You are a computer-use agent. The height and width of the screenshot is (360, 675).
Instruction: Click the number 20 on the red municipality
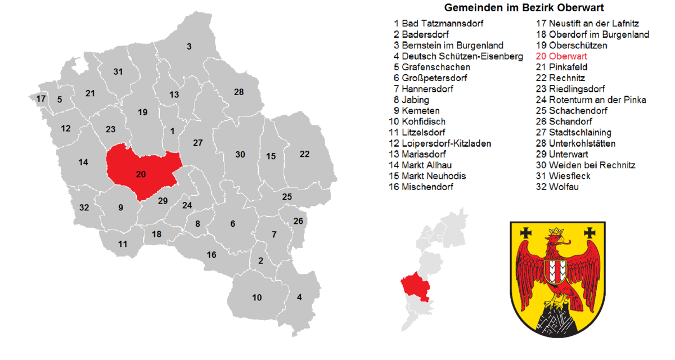(x=141, y=174)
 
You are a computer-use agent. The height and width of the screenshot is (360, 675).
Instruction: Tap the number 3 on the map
(x=189, y=46)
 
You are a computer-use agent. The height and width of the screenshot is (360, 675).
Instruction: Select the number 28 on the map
(x=239, y=92)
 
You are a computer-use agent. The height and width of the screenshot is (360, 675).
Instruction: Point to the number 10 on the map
(x=256, y=298)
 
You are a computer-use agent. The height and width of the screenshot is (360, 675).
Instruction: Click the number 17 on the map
(x=41, y=99)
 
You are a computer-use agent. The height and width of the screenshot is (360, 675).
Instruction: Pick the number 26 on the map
(x=298, y=220)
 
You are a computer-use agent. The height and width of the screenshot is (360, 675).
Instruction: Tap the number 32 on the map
(x=84, y=208)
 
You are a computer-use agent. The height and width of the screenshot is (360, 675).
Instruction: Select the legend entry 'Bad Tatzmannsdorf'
(x=438, y=24)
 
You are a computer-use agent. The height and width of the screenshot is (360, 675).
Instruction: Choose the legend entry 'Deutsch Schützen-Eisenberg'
(x=458, y=56)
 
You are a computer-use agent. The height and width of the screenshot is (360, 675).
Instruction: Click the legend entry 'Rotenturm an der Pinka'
(x=591, y=100)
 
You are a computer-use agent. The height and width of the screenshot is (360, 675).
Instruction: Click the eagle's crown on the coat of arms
(x=556, y=232)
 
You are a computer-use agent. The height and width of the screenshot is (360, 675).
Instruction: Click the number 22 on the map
(x=305, y=154)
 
